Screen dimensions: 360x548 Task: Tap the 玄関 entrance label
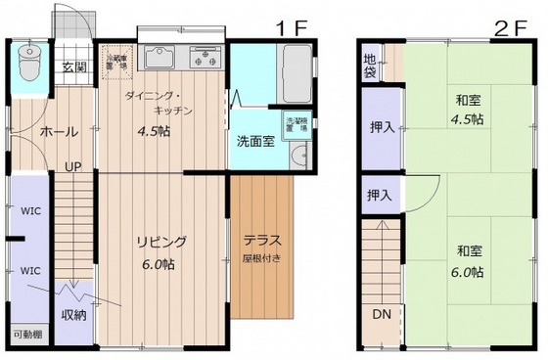pyautogui.click(x=73, y=67)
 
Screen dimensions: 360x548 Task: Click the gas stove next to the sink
pyautogui.click(x=205, y=58)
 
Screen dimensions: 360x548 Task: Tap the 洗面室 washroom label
pyautogui.click(x=255, y=139)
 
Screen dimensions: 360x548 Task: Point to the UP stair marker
pyautogui.click(x=72, y=166)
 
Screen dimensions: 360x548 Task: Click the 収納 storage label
pyautogui.click(x=74, y=314)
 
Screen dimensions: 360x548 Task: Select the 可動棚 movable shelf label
pyautogui.click(x=27, y=335)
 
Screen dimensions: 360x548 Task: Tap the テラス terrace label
pyautogui.click(x=261, y=241)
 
